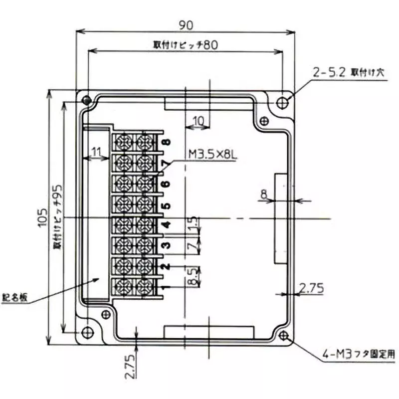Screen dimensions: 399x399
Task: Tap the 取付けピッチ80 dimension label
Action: point(185,44)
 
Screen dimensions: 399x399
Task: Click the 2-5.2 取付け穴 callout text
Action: point(350,72)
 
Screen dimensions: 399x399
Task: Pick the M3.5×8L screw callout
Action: point(211,155)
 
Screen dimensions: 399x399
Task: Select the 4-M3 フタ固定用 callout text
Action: point(358,355)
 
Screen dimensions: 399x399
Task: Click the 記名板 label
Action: point(14,298)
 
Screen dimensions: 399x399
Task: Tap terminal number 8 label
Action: point(166,142)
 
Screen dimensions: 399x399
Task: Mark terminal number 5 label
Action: point(166,205)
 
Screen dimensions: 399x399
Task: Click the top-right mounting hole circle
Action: point(283,102)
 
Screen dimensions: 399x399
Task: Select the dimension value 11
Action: point(96,151)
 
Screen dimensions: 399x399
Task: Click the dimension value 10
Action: point(198,120)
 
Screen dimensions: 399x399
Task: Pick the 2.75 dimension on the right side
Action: point(311,287)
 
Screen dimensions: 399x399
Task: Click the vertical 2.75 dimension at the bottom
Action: point(130,367)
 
